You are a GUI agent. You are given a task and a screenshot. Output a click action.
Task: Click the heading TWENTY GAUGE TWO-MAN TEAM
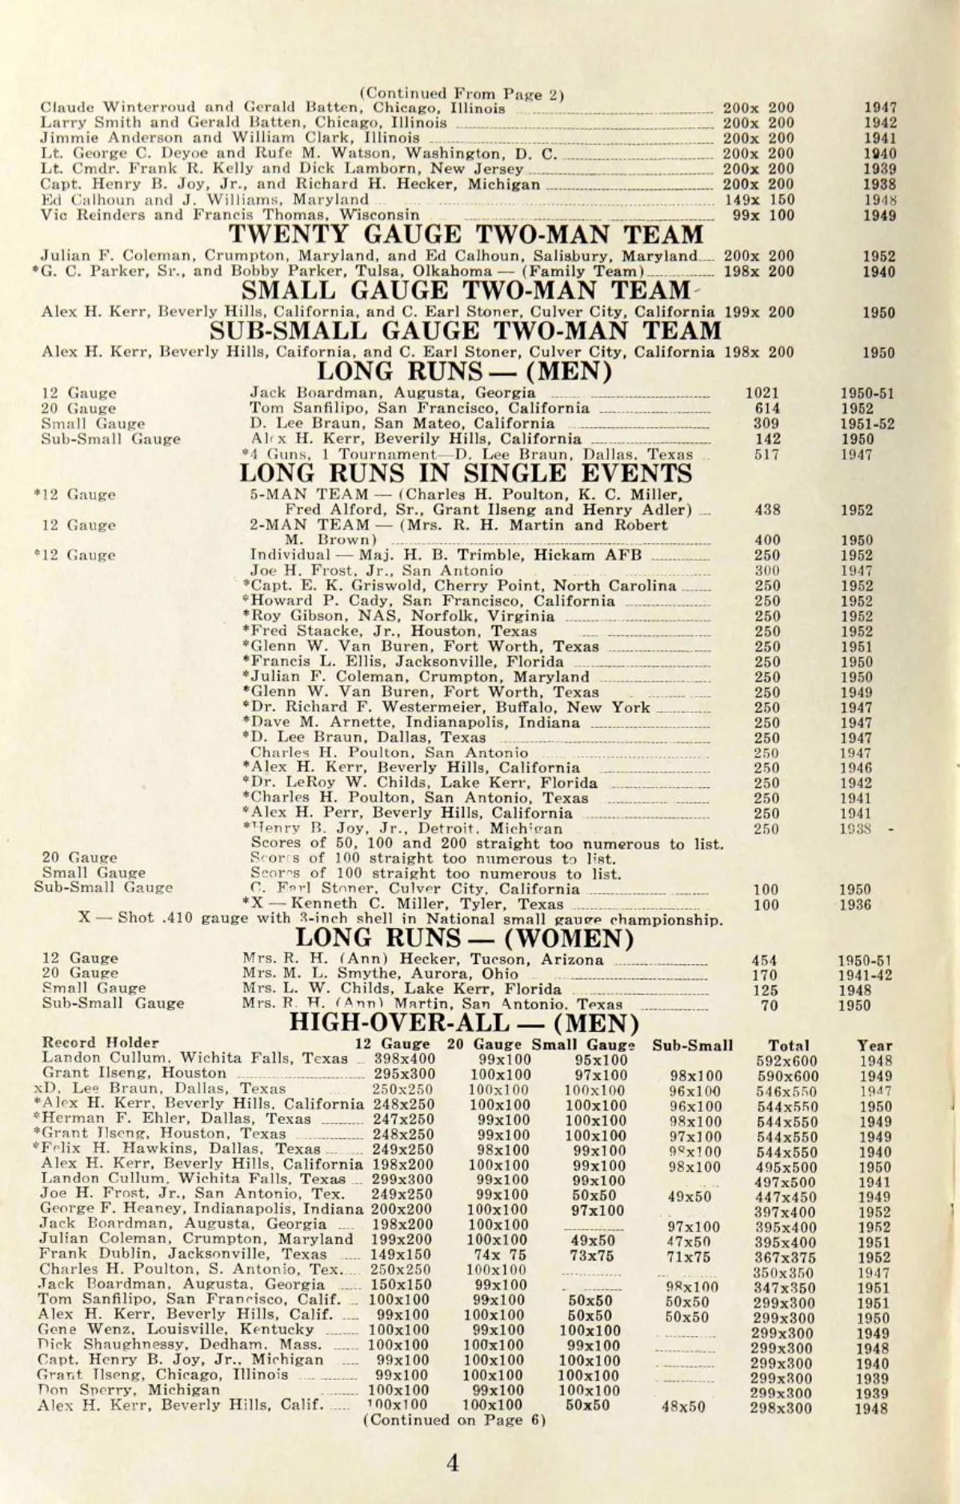pos(466,234)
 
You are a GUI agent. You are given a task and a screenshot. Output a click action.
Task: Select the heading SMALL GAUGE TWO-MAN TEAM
pos(466,290)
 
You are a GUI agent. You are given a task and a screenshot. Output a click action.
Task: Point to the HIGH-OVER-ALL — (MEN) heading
pos(464,1023)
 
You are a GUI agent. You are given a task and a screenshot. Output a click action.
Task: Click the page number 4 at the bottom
pos(453,1463)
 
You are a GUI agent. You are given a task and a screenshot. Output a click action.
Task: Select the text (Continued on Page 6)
pos(454,1420)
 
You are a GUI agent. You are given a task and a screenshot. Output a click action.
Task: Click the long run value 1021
pos(762,393)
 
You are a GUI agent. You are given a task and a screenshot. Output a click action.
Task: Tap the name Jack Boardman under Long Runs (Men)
pos(302,393)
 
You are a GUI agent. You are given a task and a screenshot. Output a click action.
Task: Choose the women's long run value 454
pos(765,960)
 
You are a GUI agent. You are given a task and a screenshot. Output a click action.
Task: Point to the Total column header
pos(788,1045)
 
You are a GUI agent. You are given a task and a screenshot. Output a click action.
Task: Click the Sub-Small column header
pos(692,1045)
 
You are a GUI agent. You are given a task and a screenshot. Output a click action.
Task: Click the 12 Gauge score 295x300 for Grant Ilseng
pos(404,1074)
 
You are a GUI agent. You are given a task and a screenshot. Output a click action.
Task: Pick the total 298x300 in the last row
pos(782,1408)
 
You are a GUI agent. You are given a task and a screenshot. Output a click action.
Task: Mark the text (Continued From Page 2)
pos(462,93)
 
